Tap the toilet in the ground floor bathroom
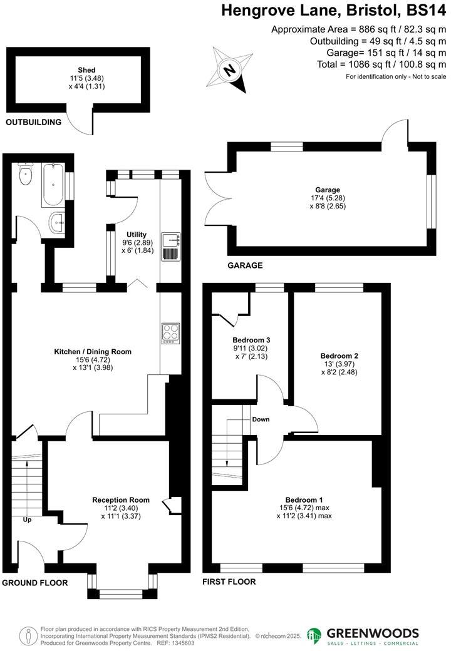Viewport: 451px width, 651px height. tap(26, 175)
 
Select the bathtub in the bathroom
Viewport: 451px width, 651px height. tap(52, 186)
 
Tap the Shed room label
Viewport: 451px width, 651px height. tap(86, 69)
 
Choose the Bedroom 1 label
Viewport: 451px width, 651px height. tap(304, 499)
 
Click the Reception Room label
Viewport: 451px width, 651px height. tap(121, 500)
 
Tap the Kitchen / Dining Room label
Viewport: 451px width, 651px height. tap(93, 352)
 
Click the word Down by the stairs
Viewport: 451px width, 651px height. tap(261, 419)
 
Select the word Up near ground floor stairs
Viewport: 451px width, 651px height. tap(26, 520)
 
